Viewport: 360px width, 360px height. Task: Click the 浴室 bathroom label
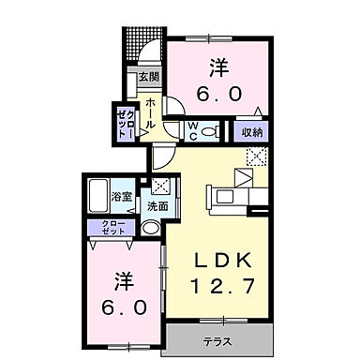120,198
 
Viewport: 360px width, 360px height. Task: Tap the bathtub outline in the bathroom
99,198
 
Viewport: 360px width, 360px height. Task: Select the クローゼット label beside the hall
124,122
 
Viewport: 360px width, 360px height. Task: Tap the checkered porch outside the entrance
138,43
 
